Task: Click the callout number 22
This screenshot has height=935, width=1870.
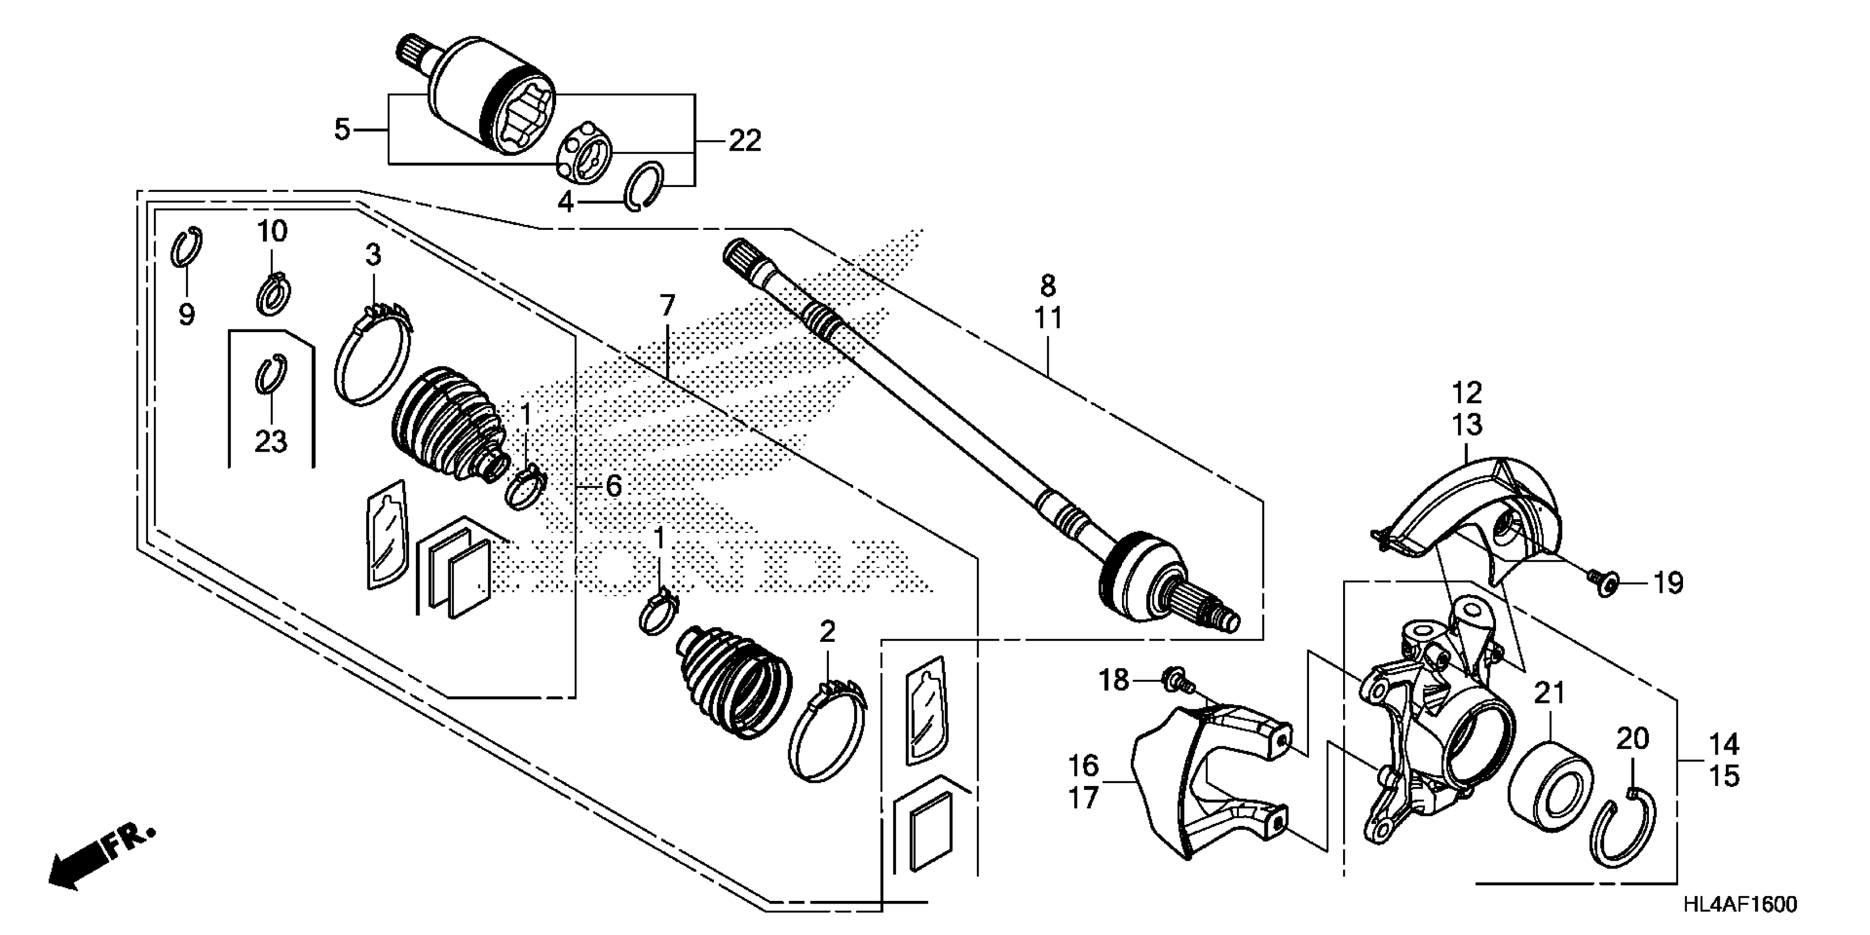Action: point(745,141)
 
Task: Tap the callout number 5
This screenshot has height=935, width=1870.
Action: point(342,130)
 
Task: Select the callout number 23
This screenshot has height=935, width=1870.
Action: point(271,441)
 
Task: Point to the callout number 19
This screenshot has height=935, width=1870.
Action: point(1669,583)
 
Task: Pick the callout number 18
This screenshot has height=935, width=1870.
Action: point(1114,680)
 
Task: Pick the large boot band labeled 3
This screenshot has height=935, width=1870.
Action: point(373,354)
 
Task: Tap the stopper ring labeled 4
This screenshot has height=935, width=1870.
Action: point(644,186)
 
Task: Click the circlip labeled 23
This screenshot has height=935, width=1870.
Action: point(272,375)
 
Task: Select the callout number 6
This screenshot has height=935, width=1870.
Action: point(613,486)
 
